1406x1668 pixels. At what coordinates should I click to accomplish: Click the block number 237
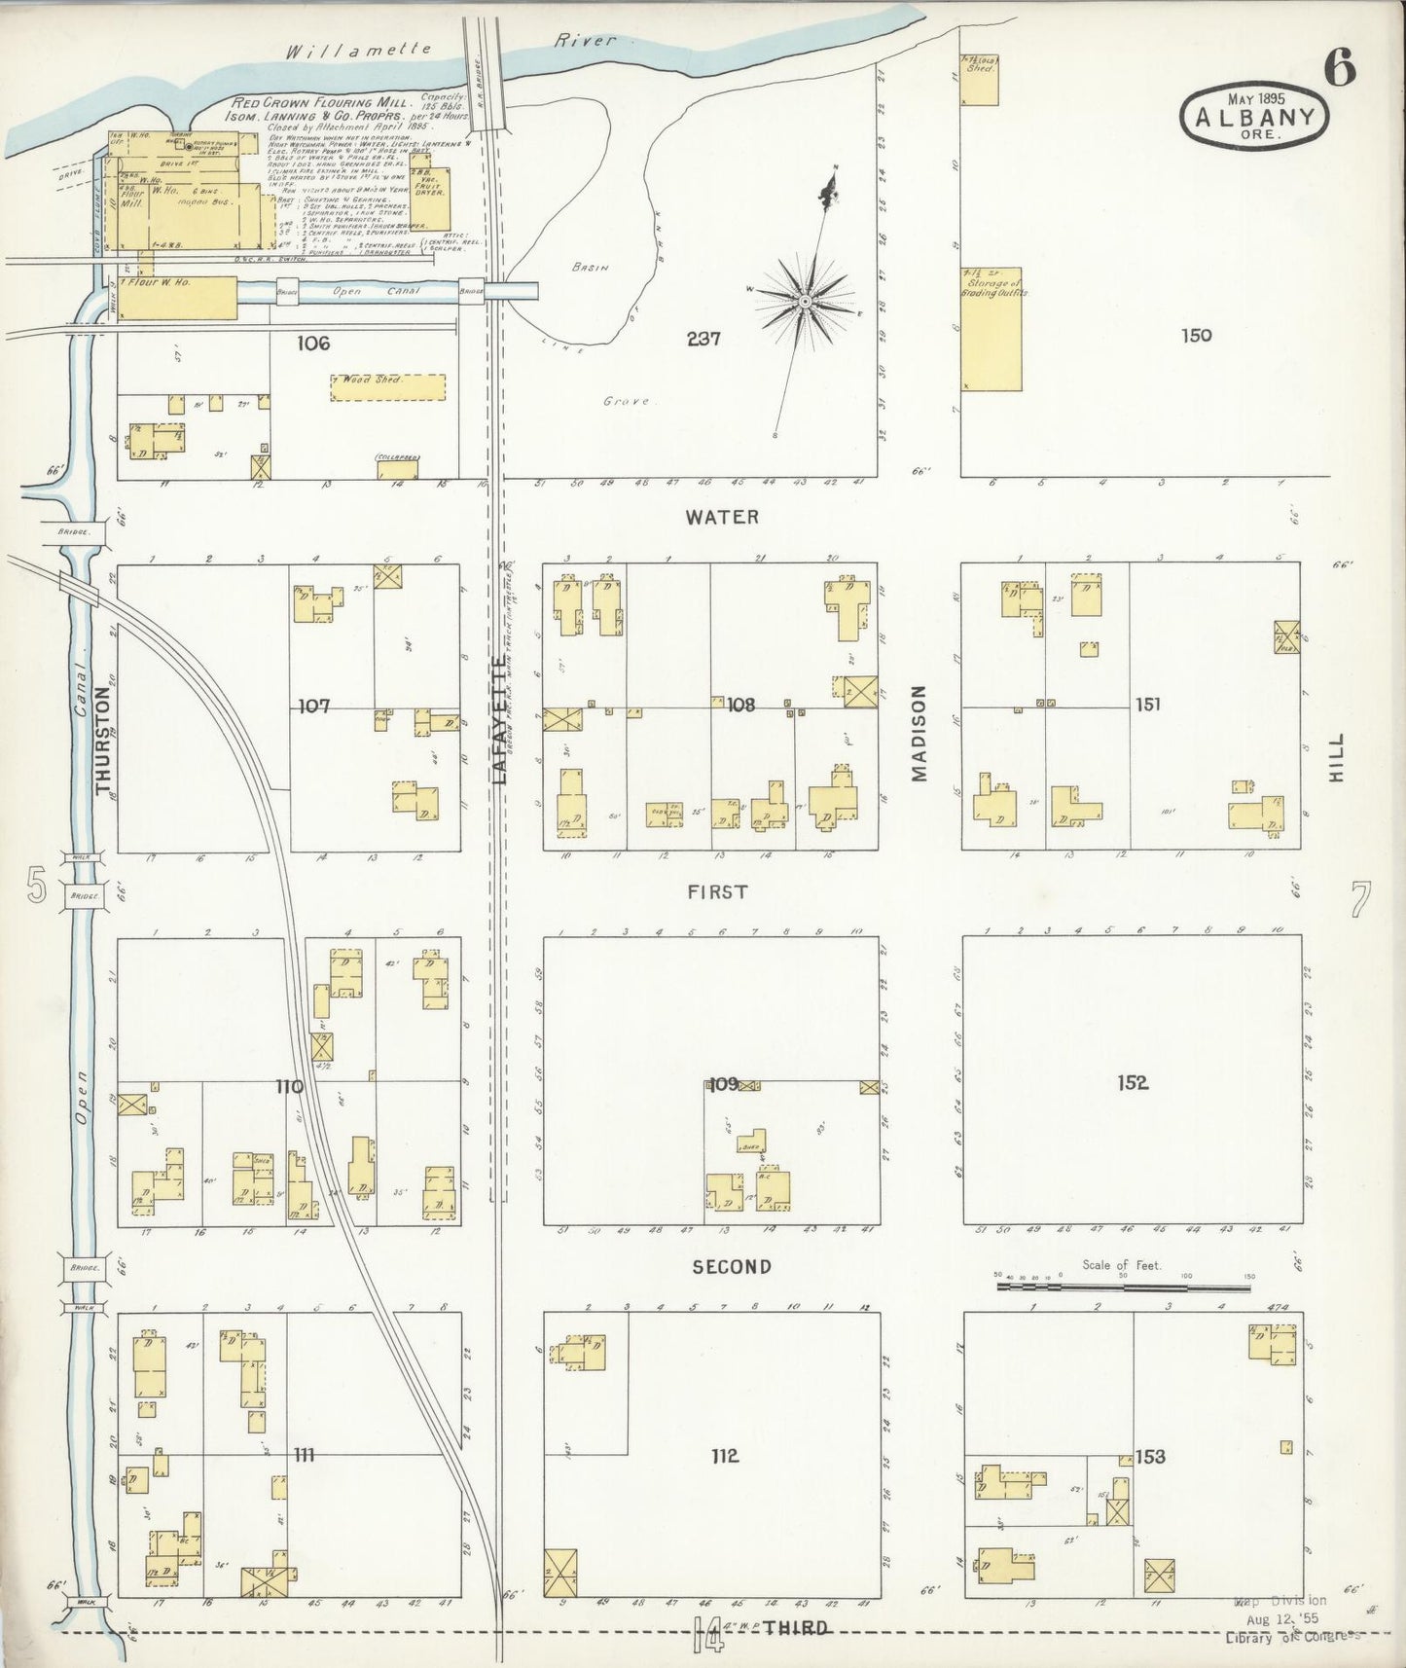pyautogui.click(x=703, y=339)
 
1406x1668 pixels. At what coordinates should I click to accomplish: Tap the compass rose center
pyautogui.click(x=806, y=303)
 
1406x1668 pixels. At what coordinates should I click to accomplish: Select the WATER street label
pyautogui.click(x=721, y=518)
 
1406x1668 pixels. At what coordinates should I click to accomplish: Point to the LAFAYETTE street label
pyautogui.click(x=499, y=718)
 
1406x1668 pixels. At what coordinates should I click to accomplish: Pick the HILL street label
pyautogui.click(x=1335, y=759)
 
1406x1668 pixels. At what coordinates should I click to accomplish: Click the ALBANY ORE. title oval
pyautogui.click(x=1253, y=117)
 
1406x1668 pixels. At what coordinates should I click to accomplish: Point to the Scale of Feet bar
pyautogui.click(x=1123, y=1287)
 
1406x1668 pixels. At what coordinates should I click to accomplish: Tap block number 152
pyautogui.click(x=1133, y=1082)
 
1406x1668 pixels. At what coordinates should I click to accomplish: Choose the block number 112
pyautogui.click(x=725, y=1456)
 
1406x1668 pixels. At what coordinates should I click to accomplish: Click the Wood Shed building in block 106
pyautogui.click(x=387, y=387)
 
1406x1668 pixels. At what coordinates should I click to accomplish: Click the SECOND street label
pyautogui.click(x=732, y=1266)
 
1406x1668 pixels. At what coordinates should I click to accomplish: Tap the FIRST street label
pyautogui.click(x=717, y=891)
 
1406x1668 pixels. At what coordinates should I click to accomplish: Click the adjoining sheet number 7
pyautogui.click(x=1359, y=899)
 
